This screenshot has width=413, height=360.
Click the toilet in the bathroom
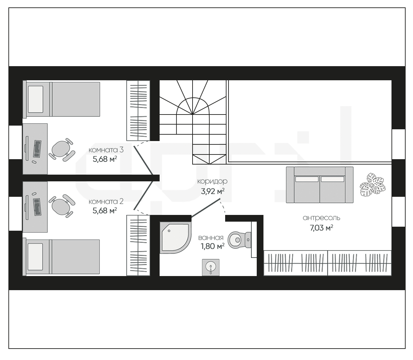(239, 240)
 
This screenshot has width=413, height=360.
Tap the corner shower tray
(175, 237)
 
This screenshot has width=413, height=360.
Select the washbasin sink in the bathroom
(211, 267)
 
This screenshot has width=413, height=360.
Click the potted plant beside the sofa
(373, 184)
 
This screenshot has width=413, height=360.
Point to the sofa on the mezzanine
(320, 185)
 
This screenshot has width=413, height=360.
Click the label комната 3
(106, 150)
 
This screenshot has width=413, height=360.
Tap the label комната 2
(106, 201)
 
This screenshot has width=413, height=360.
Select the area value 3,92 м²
(213, 191)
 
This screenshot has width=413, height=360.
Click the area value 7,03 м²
(322, 228)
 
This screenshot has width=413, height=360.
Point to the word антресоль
(321, 218)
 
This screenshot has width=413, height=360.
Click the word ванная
(211, 238)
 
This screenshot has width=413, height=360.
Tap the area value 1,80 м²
(213, 246)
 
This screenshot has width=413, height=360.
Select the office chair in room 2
(61, 206)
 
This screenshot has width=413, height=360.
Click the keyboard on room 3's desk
(37, 149)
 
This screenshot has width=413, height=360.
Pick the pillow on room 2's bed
(35, 257)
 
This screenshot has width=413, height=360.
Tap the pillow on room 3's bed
(36, 99)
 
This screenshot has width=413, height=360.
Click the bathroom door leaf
(206, 208)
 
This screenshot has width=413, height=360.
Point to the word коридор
(212, 181)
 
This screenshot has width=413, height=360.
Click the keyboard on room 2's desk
(37, 207)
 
